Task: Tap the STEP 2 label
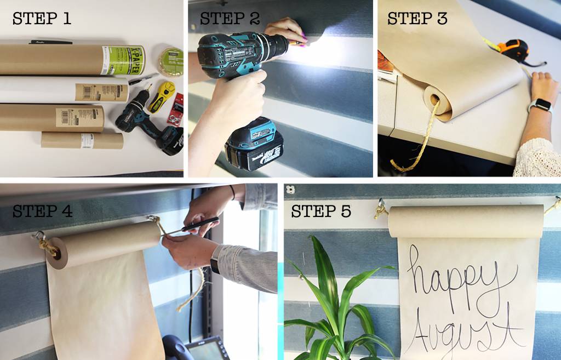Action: [x=230, y=18]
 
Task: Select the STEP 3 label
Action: [x=417, y=18]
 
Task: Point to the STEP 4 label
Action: [x=42, y=211]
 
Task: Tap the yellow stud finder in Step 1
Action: [x=162, y=96]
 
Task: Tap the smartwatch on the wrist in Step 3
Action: [x=540, y=105]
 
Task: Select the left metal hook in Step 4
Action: [x=39, y=237]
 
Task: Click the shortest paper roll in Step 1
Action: [x=82, y=140]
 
